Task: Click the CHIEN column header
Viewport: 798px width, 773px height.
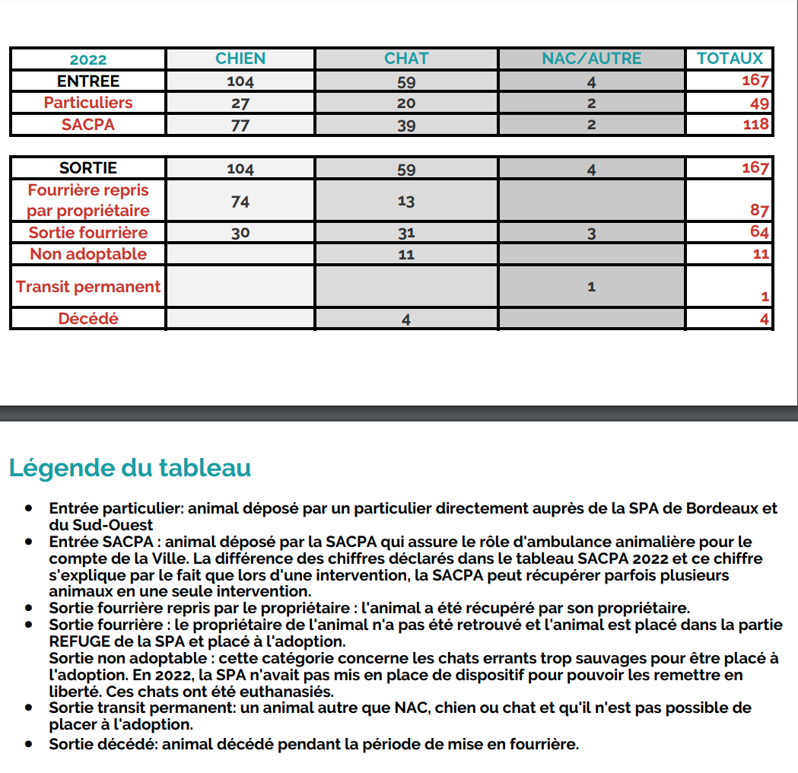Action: coord(240,59)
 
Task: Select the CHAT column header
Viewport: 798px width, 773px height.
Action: coord(406,59)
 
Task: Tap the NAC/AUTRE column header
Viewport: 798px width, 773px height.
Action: coord(591,59)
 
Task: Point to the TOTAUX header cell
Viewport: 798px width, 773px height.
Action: coord(729,59)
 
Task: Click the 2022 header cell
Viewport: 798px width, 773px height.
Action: coord(88,60)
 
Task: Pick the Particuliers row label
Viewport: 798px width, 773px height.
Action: coord(88,103)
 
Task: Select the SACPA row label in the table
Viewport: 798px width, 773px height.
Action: coord(88,124)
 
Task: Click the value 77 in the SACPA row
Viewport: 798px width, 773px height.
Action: coord(240,125)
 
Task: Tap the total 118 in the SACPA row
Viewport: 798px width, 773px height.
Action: coord(756,125)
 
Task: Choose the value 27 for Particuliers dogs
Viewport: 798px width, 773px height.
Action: coord(240,103)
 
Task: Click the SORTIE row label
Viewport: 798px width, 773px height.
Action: coord(88,167)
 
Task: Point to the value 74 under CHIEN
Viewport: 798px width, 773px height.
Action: coord(240,201)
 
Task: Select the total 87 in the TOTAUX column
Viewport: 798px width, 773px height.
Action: coord(759,211)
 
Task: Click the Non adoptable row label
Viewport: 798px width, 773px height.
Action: coord(88,254)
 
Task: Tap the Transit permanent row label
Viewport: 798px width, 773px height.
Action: coord(88,287)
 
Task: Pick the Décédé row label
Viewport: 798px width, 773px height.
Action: coord(88,319)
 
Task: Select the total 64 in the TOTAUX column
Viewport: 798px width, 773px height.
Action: coord(759,232)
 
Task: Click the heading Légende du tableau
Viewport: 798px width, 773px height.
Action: coord(130,468)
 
